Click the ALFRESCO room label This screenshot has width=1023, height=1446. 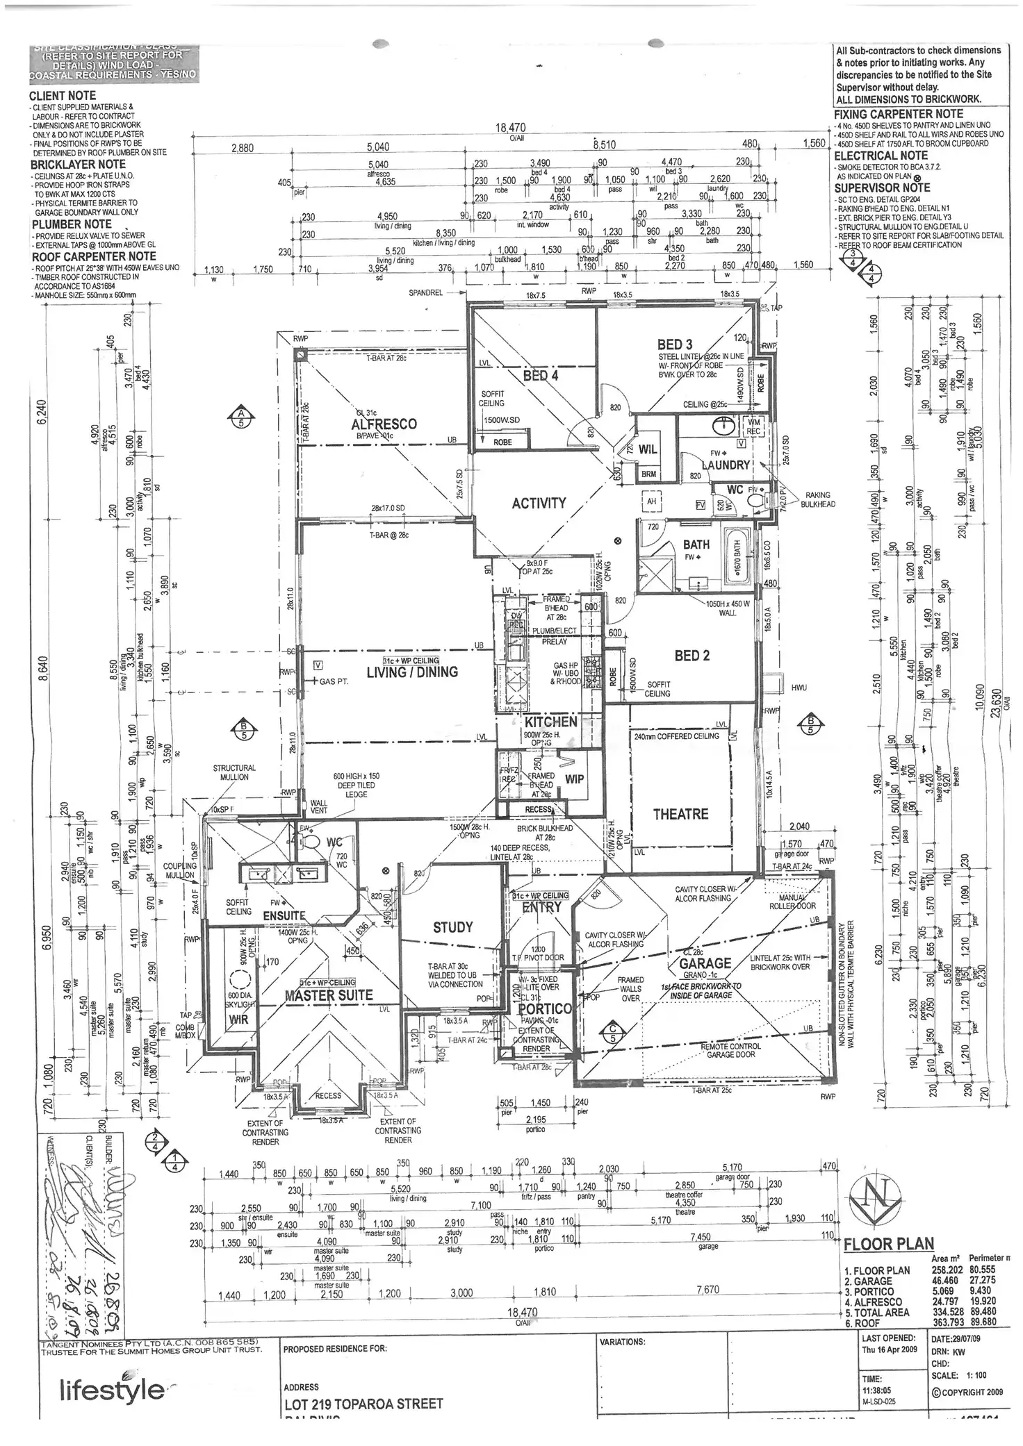click(384, 424)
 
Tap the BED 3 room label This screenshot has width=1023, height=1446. click(674, 344)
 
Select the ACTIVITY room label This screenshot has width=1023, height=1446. click(539, 503)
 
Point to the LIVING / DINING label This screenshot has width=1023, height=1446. click(412, 672)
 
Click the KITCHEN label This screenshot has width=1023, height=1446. click(551, 722)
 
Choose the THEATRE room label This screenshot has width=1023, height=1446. click(680, 814)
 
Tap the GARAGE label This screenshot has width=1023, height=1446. click(705, 963)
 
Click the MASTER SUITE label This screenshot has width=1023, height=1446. click(329, 995)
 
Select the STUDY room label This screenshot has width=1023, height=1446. click(452, 927)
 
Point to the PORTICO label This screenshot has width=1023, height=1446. click(545, 1008)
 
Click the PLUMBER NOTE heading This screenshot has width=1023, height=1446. click(71, 224)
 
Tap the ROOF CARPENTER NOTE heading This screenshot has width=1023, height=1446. click(93, 256)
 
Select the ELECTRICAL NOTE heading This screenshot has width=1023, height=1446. click(881, 156)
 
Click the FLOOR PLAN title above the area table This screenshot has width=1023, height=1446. click(888, 1244)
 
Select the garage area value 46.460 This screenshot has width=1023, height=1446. click(946, 1281)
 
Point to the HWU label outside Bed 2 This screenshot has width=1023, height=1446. click(799, 687)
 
